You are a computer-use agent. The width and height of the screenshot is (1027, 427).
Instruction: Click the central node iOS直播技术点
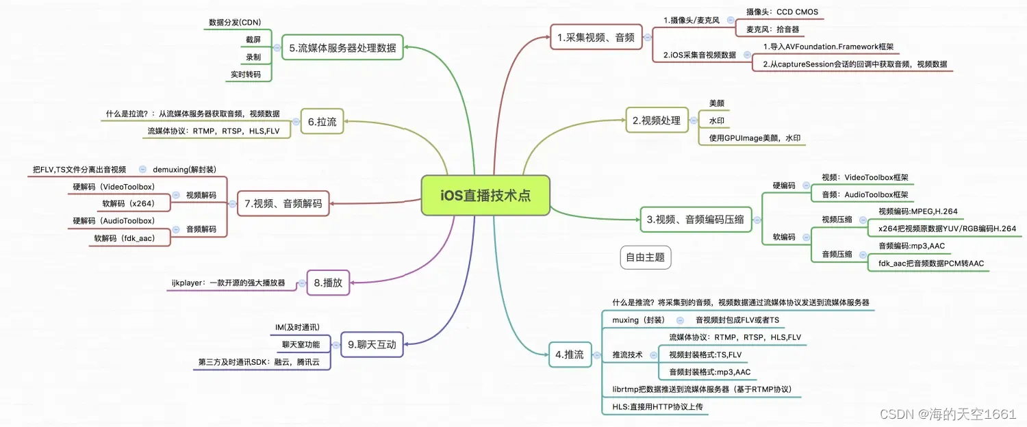pos(485,196)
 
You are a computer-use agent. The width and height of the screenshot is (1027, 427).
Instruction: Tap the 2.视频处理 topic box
pos(656,120)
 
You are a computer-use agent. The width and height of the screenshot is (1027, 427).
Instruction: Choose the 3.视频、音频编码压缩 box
pos(696,220)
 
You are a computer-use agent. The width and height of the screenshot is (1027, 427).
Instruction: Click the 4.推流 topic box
pos(570,354)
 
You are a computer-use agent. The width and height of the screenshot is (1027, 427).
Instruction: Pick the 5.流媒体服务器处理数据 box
pos(342,48)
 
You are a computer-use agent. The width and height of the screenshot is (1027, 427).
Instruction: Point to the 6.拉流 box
pos(322,122)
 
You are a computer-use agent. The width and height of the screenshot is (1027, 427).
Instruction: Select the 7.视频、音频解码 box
pos(283,203)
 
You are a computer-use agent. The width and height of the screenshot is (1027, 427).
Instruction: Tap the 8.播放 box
pos(328,282)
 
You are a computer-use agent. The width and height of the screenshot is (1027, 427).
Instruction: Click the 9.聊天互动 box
pos(372,344)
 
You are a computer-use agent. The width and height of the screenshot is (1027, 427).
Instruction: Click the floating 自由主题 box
pos(645,257)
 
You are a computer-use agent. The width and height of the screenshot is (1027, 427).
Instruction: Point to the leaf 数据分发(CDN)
pos(235,22)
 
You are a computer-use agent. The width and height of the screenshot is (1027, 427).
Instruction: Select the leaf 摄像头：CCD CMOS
pos(782,12)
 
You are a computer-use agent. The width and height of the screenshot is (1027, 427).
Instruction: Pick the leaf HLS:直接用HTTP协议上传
pos(657,407)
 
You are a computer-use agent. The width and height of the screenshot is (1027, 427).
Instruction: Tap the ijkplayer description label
pos(229,282)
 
